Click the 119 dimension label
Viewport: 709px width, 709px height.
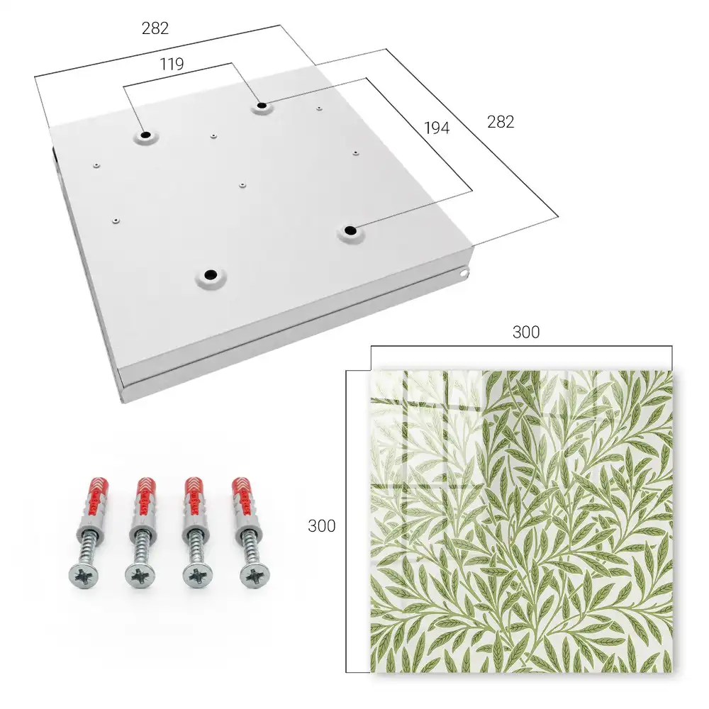coord(172,65)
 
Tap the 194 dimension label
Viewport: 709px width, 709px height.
coord(437,128)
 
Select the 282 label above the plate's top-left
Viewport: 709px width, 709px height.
coord(155,28)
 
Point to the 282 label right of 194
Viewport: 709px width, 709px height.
coord(501,122)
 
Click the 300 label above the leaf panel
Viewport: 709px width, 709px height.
coord(526,333)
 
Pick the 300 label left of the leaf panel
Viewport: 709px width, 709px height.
coord(321,526)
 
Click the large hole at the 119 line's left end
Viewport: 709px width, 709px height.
coord(146,135)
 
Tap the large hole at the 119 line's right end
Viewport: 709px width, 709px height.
coord(262,106)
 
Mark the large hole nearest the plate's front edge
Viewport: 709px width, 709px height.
coord(211,274)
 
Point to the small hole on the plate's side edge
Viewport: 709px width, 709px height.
coord(464,273)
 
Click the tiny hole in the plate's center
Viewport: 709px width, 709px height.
coord(242,185)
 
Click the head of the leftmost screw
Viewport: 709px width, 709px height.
coord(83,576)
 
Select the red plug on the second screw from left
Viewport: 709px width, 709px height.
coord(145,497)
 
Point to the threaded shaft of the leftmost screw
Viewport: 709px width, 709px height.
coord(89,547)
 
